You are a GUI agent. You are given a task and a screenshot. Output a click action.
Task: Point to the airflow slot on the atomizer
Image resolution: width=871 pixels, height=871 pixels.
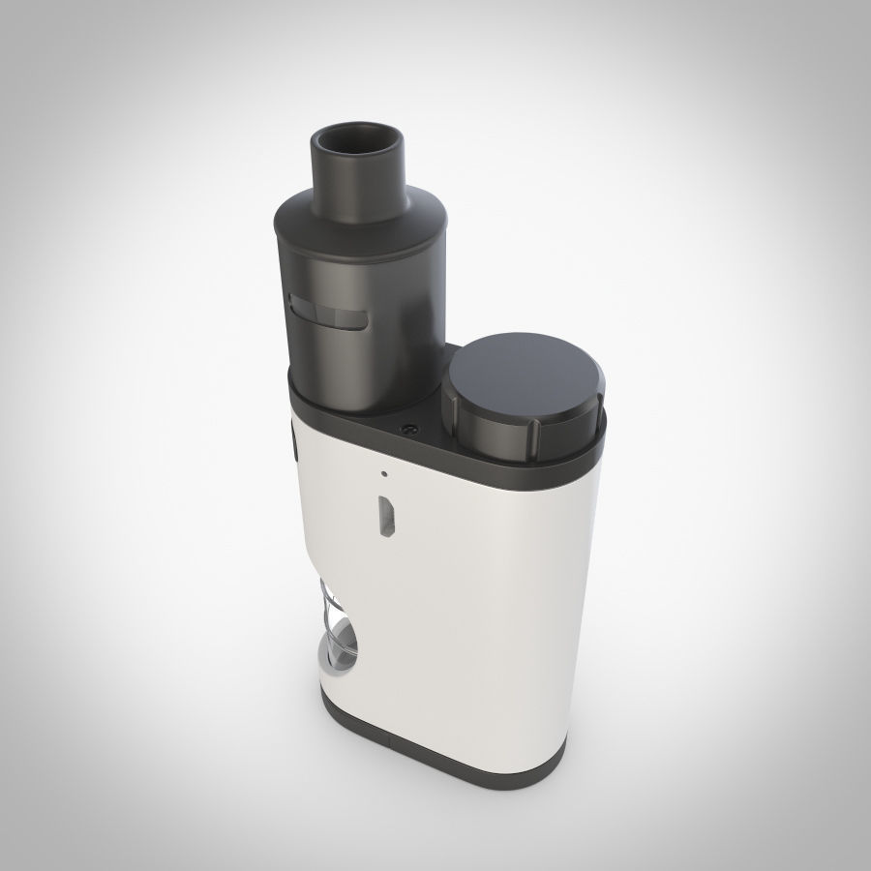(329, 316)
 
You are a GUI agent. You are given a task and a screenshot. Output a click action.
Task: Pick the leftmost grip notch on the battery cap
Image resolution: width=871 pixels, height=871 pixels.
(452, 412)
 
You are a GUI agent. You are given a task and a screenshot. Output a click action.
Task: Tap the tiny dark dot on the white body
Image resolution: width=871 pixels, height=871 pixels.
(384, 474)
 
